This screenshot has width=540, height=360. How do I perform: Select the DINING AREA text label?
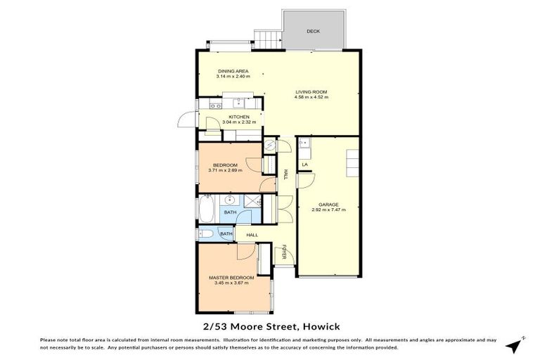(233, 71)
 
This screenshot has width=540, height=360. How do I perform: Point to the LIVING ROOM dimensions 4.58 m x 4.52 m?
(310, 97)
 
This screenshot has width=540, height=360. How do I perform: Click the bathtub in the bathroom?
(207, 209)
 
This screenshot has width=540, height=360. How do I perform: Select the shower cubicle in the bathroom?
(250, 203)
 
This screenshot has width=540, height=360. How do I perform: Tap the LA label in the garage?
(304, 165)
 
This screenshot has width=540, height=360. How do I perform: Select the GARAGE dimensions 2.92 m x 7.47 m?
(328, 210)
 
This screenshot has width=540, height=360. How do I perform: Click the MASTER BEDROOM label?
(231, 278)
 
